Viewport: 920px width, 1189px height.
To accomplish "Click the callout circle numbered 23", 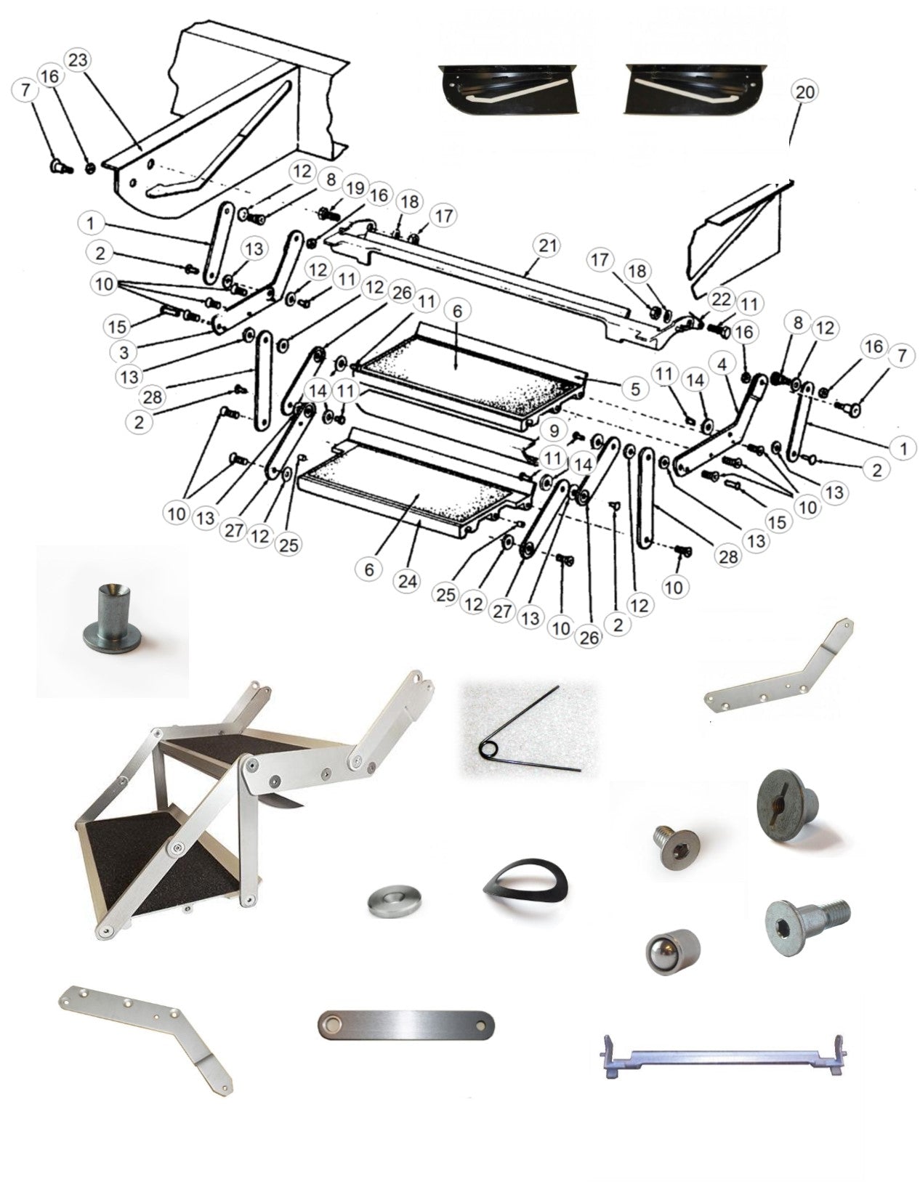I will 78,60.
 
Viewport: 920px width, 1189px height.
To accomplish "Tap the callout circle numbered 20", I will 806,92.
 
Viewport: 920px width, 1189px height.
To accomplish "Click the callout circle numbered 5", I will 635,389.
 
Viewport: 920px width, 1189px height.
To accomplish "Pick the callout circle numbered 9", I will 554,430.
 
